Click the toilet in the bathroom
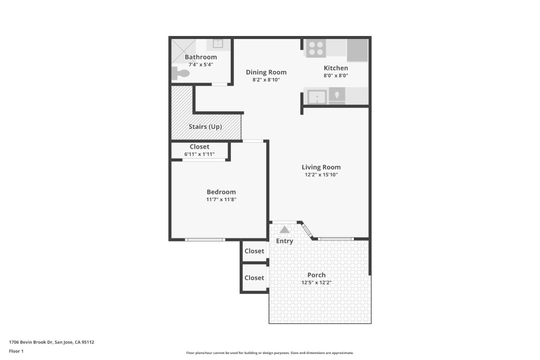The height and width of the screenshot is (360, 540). point(181,73)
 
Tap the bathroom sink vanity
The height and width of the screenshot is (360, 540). point(218,44)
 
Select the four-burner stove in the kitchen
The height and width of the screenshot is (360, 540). point(316,48)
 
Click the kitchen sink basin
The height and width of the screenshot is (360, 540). point(317,97)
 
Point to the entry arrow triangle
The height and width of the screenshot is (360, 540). point(285,229)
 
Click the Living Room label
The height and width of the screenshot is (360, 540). point(321,167)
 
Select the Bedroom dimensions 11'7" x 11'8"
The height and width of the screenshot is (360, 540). point(221,199)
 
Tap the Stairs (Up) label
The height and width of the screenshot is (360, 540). point(205,127)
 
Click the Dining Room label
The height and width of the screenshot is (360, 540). point(266,72)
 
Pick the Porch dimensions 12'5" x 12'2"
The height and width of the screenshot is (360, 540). point(316,283)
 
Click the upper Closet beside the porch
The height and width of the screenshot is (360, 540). point(254,251)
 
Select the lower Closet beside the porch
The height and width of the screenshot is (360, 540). point(254,278)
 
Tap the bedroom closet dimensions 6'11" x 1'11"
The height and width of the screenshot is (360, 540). point(199,154)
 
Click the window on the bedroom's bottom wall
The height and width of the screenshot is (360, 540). point(205,240)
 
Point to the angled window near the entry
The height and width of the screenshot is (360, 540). point(307,230)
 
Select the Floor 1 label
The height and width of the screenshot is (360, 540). point(16,351)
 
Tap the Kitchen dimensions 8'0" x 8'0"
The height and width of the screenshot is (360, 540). point(336,75)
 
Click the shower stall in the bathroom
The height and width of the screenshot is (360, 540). point(183,51)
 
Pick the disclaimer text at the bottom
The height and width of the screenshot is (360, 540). point(270,353)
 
